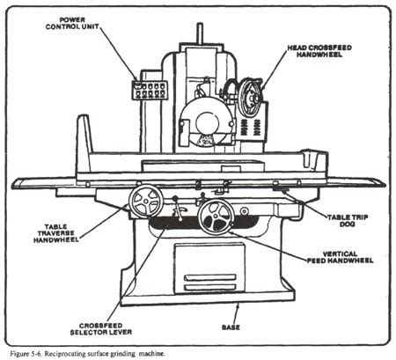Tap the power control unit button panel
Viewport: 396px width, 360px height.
[x=146, y=89]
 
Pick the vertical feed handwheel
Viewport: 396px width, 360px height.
[x=215, y=216]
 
